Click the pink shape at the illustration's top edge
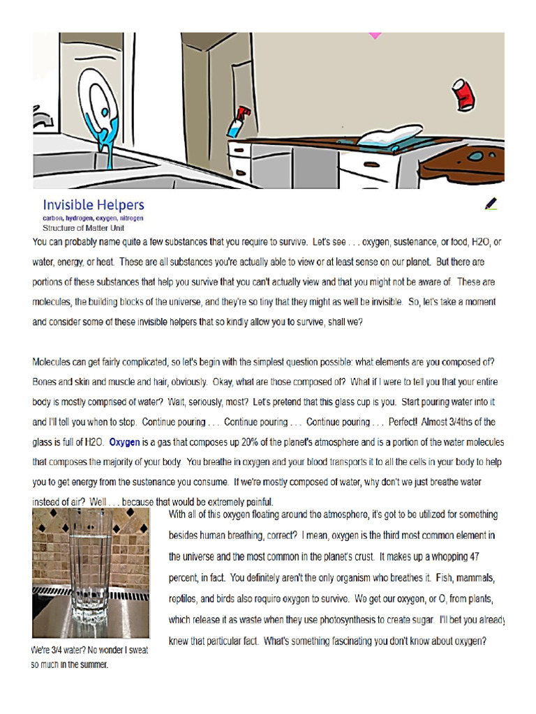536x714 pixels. (375, 35)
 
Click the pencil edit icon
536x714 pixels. (491, 204)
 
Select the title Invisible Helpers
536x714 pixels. (94, 205)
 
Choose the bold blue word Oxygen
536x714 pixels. (125, 442)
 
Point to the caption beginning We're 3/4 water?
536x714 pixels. (89, 657)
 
